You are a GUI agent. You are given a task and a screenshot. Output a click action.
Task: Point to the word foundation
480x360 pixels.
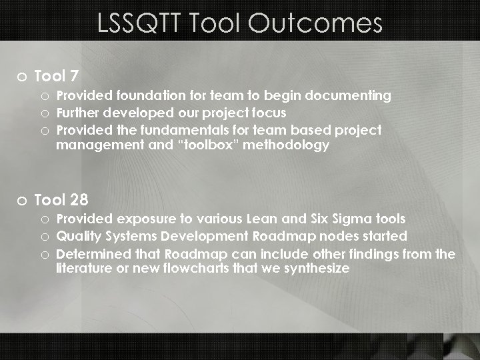(x=144, y=96)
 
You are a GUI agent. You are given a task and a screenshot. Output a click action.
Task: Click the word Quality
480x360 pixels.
(x=79, y=236)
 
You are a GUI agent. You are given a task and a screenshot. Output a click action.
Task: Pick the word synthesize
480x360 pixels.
(x=314, y=269)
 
